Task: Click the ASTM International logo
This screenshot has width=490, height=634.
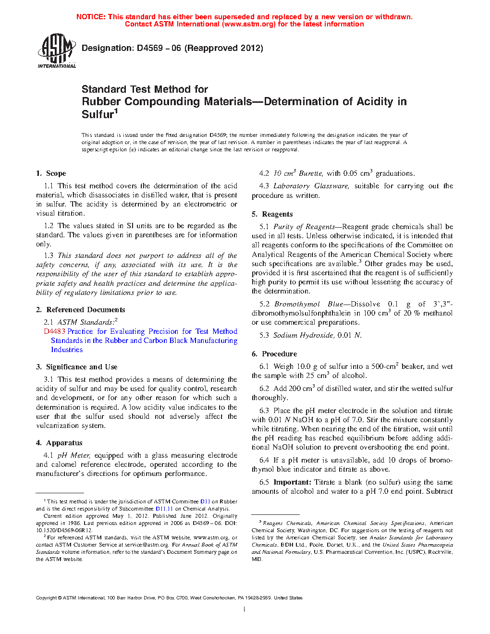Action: click(x=57, y=50)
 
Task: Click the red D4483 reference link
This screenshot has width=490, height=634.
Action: click(x=54, y=331)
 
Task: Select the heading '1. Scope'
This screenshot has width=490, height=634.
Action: click(x=51, y=173)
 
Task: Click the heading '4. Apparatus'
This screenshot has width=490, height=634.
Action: click(x=59, y=443)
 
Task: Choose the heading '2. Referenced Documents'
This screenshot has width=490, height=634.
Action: click(x=80, y=310)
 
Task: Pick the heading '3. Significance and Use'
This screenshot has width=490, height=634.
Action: click(x=76, y=367)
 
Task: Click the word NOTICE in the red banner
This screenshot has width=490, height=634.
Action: click(x=91, y=17)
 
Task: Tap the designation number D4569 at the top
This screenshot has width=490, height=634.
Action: click(x=150, y=48)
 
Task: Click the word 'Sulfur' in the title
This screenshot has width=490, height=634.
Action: click(x=98, y=114)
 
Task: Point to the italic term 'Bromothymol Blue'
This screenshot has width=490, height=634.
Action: click(x=308, y=304)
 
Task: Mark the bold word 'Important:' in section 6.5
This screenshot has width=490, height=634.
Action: click(x=293, y=482)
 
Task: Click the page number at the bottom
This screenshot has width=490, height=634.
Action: click(x=245, y=610)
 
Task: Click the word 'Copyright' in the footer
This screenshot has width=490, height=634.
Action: click(x=46, y=598)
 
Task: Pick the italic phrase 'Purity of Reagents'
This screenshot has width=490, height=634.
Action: click(x=304, y=227)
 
